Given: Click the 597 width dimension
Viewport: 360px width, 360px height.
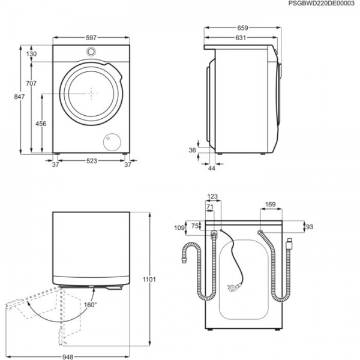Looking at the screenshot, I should click(91, 38).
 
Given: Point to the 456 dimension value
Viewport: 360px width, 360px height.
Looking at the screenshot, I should click(41, 123).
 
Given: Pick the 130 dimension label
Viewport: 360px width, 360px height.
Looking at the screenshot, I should click(31, 54).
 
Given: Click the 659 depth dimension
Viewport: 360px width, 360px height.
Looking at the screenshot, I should click(242, 28).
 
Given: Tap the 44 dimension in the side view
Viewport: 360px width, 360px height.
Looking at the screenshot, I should click(211, 169).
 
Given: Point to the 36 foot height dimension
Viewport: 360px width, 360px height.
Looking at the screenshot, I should click(192, 150).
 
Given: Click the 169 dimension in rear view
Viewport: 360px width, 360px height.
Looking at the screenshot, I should click(270, 205).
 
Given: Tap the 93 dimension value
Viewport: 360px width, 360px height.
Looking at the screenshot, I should click(309, 227).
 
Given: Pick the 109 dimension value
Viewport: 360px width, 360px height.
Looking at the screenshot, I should click(179, 229).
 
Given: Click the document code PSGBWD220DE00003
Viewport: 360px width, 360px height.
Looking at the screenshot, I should click(321, 4).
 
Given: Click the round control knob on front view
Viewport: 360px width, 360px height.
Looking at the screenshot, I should click(91, 52).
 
